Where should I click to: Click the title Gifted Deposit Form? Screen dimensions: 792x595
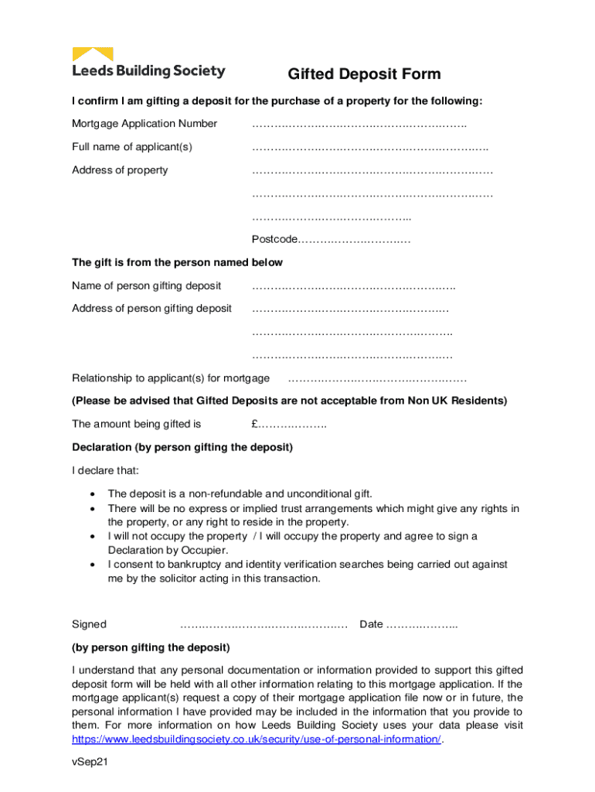(364, 74)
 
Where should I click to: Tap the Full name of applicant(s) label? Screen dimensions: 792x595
(132, 147)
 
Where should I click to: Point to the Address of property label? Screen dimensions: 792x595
(120, 170)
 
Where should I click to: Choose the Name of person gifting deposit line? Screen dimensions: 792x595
(353, 287)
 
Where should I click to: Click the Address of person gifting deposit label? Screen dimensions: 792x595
(151, 309)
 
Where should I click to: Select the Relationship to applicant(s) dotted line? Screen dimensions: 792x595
(376, 379)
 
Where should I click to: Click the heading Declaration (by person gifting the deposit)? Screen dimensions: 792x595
(182, 447)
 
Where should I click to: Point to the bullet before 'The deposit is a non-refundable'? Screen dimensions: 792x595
(93, 493)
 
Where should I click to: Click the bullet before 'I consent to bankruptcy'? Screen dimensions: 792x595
(93, 565)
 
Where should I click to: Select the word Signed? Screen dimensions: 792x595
(90, 624)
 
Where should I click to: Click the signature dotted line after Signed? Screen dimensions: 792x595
(263, 625)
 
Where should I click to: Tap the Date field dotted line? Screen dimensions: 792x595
(421, 625)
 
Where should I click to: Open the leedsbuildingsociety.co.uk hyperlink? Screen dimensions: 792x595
(257, 739)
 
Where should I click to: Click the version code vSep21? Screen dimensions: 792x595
(89, 762)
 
